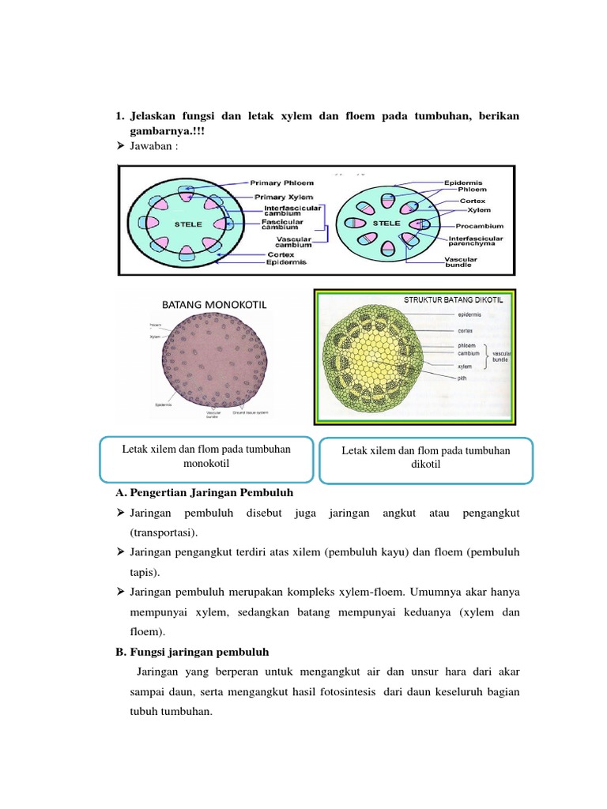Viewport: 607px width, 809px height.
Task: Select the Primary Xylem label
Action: pyautogui.click(x=283, y=197)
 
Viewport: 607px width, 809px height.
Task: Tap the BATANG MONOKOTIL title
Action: pyautogui.click(x=205, y=303)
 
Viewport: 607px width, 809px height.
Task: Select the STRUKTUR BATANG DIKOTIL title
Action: pyautogui.click(x=454, y=299)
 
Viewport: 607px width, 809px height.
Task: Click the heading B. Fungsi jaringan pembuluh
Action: pyautogui.click(x=192, y=652)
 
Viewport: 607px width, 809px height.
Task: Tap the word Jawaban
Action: pyautogui.click(x=156, y=145)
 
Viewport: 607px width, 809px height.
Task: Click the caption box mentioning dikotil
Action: pyautogui.click(x=426, y=457)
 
